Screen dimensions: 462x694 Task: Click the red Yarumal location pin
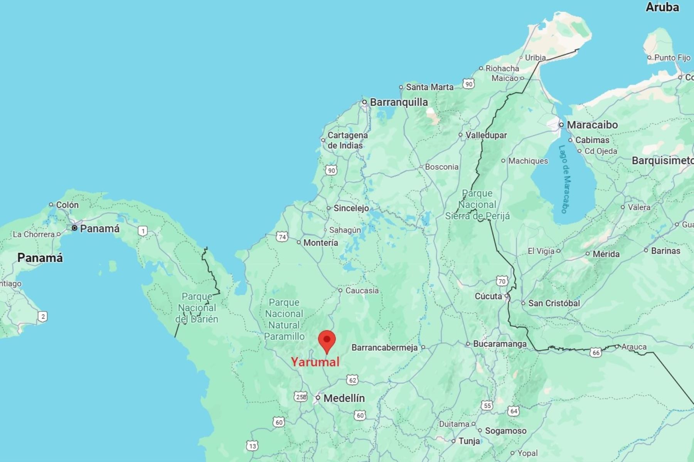[327, 341]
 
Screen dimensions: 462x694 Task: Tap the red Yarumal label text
[315, 362]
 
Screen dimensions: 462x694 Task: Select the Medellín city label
[344, 398]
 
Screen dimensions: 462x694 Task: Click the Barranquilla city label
[399, 102]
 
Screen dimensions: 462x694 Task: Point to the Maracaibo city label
[592, 125]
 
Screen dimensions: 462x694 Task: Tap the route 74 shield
[282, 237]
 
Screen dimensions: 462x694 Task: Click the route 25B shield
[301, 397]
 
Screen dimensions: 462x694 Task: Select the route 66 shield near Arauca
[596, 352]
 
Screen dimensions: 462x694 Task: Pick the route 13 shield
[252, 446]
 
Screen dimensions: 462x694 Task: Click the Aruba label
[662, 7]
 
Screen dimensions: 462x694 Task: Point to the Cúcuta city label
[488, 296]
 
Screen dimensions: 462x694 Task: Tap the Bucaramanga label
[500, 344]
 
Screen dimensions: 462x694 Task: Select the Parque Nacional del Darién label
[197, 308]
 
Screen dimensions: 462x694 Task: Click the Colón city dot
[51, 204]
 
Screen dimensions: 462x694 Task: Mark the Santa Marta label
[430, 87]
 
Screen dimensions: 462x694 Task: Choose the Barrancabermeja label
[384, 348]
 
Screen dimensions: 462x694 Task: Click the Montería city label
[320, 243]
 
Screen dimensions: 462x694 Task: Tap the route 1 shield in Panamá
[143, 231]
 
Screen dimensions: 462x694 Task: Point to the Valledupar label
[486, 135]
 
